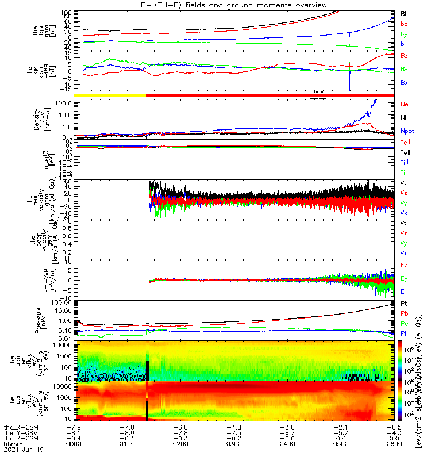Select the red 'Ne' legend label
click(405, 105)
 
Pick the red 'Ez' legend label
click(404, 266)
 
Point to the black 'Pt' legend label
click(404, 303)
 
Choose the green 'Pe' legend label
click(404, 324)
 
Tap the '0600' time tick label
click(393, 444)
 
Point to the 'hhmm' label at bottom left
click(11, 444)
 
